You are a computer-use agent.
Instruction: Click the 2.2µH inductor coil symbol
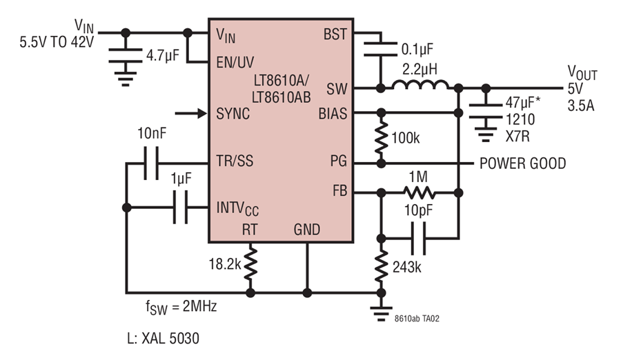(x=420, y=85)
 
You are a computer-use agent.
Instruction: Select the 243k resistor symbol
(x=381, y=266)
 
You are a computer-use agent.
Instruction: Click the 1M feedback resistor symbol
(x=420, y=193)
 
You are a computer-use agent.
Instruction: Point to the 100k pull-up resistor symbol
(x=381, y=137)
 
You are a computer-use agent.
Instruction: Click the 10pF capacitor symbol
(x=419, y=239)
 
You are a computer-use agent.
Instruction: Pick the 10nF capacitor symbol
(x=151, y=163)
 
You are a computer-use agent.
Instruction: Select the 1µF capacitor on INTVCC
(x=180, y=207)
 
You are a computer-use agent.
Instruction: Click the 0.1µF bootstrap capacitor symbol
(x=381, y=49)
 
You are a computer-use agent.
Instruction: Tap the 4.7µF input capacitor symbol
(x=125, y=55)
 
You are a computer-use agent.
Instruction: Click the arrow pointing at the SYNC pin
(x=191, y=114)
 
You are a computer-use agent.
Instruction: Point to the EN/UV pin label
(x=235, y=62)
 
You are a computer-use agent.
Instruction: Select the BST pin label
(x=335, y=34)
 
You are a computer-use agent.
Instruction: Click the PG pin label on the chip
(x=339, y=161)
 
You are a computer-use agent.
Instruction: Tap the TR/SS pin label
(x=235, y=161)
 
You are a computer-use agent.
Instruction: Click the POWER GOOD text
(x=523, y=163)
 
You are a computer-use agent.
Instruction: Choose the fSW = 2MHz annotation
(x=181, y=307)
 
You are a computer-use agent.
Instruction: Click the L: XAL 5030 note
(x=163, y=338)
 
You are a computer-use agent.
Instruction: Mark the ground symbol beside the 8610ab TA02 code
(x=381, y=314)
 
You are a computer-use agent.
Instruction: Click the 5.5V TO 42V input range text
(x=57, y=42)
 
